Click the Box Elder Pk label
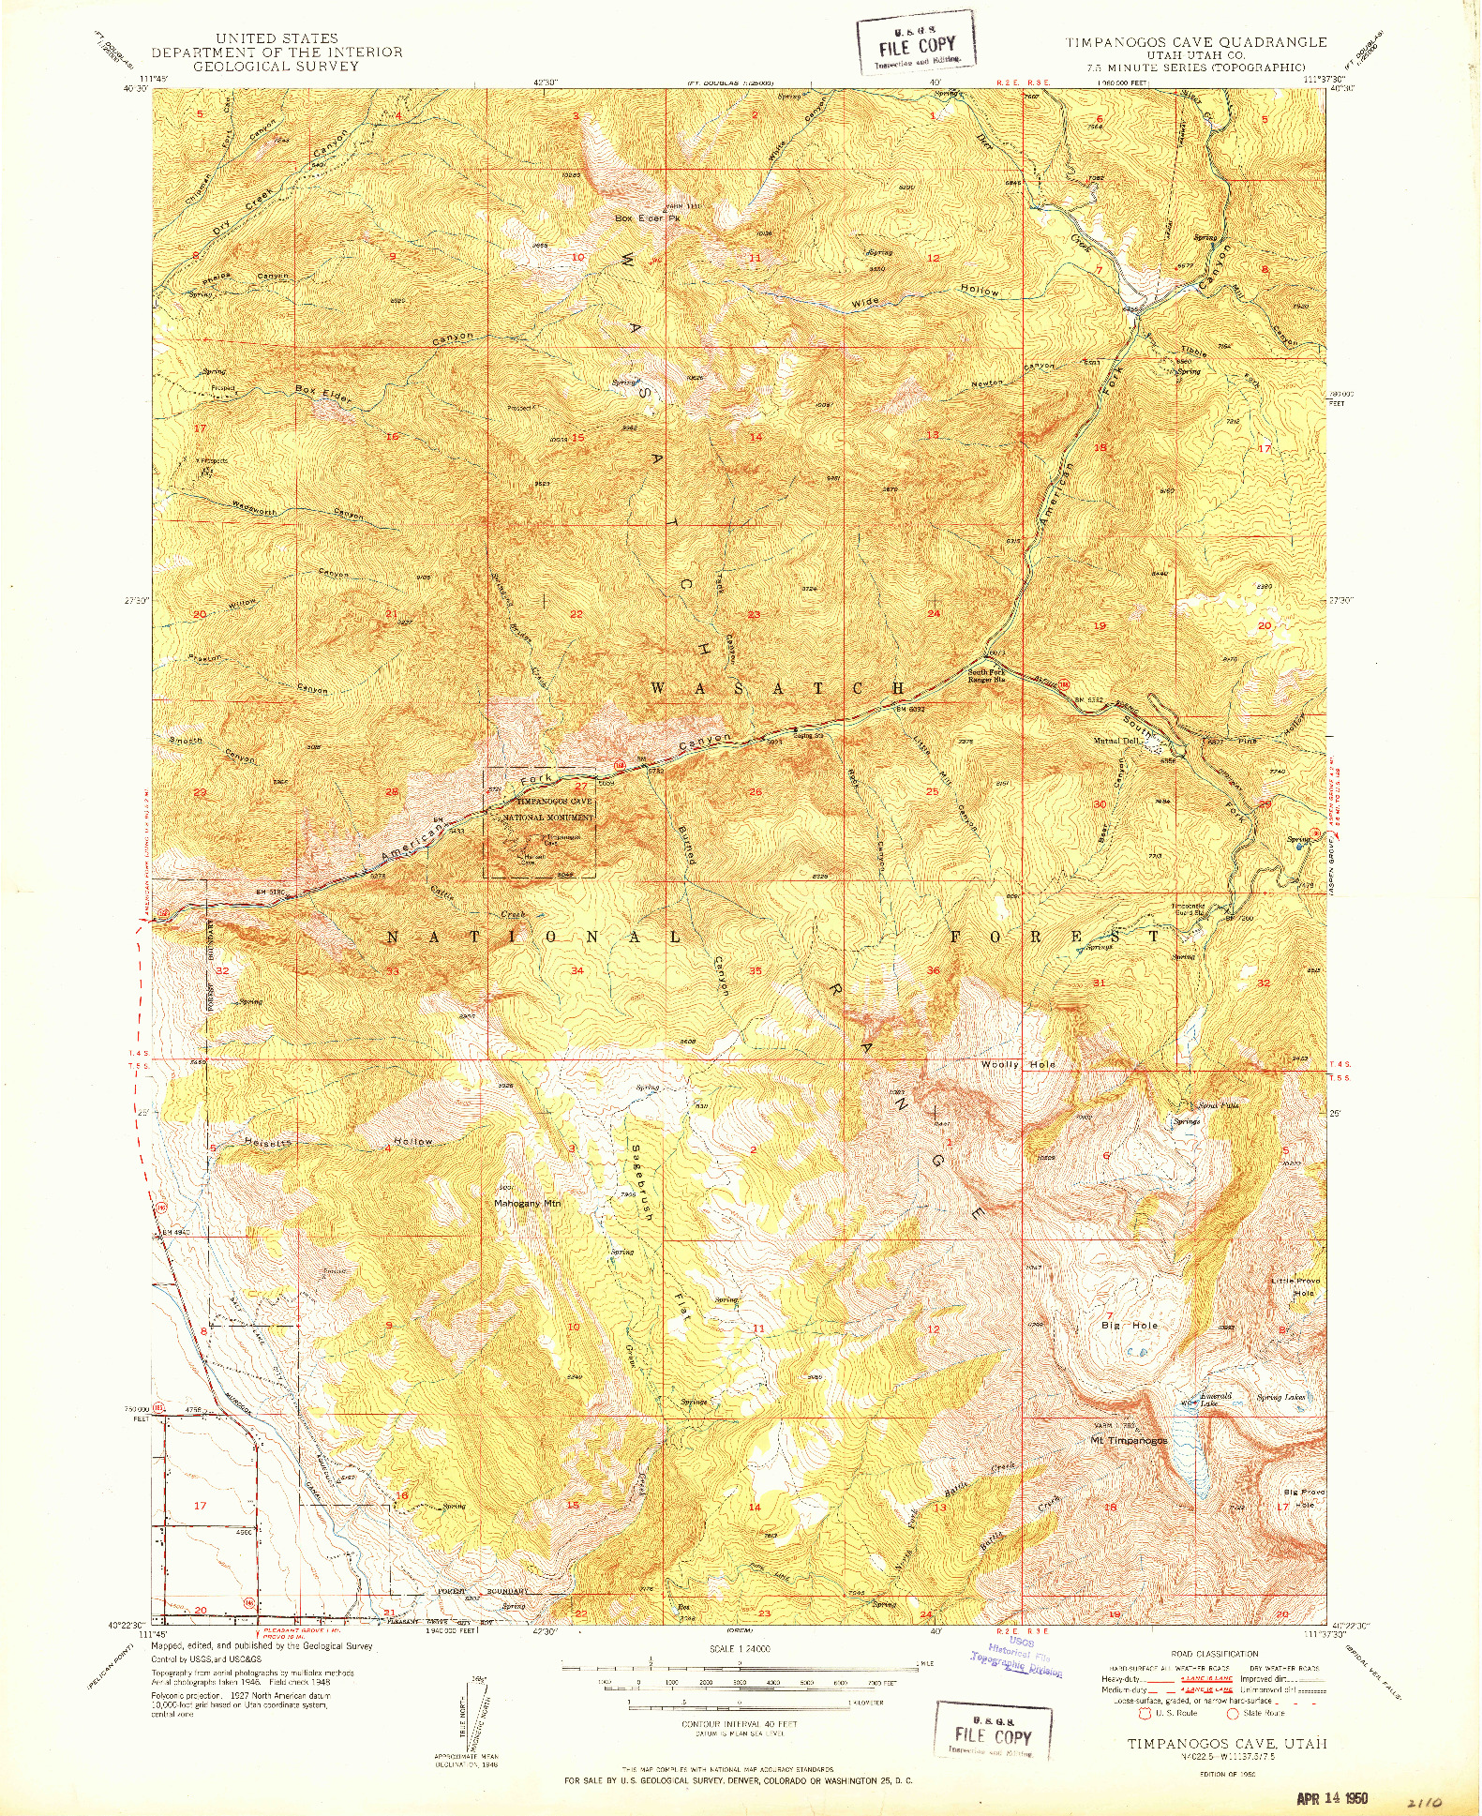647,218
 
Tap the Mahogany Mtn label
527,1203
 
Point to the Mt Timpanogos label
1129,1440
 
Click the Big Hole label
1130,1326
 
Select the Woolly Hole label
1018,1064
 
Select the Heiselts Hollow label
337,1142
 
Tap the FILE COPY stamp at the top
917,45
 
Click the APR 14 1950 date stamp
1332,1798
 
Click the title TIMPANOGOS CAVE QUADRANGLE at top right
1195,42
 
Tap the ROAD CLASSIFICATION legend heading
1214,1654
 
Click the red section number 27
581,786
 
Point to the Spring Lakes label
1280,1397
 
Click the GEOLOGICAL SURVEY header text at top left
277,67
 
